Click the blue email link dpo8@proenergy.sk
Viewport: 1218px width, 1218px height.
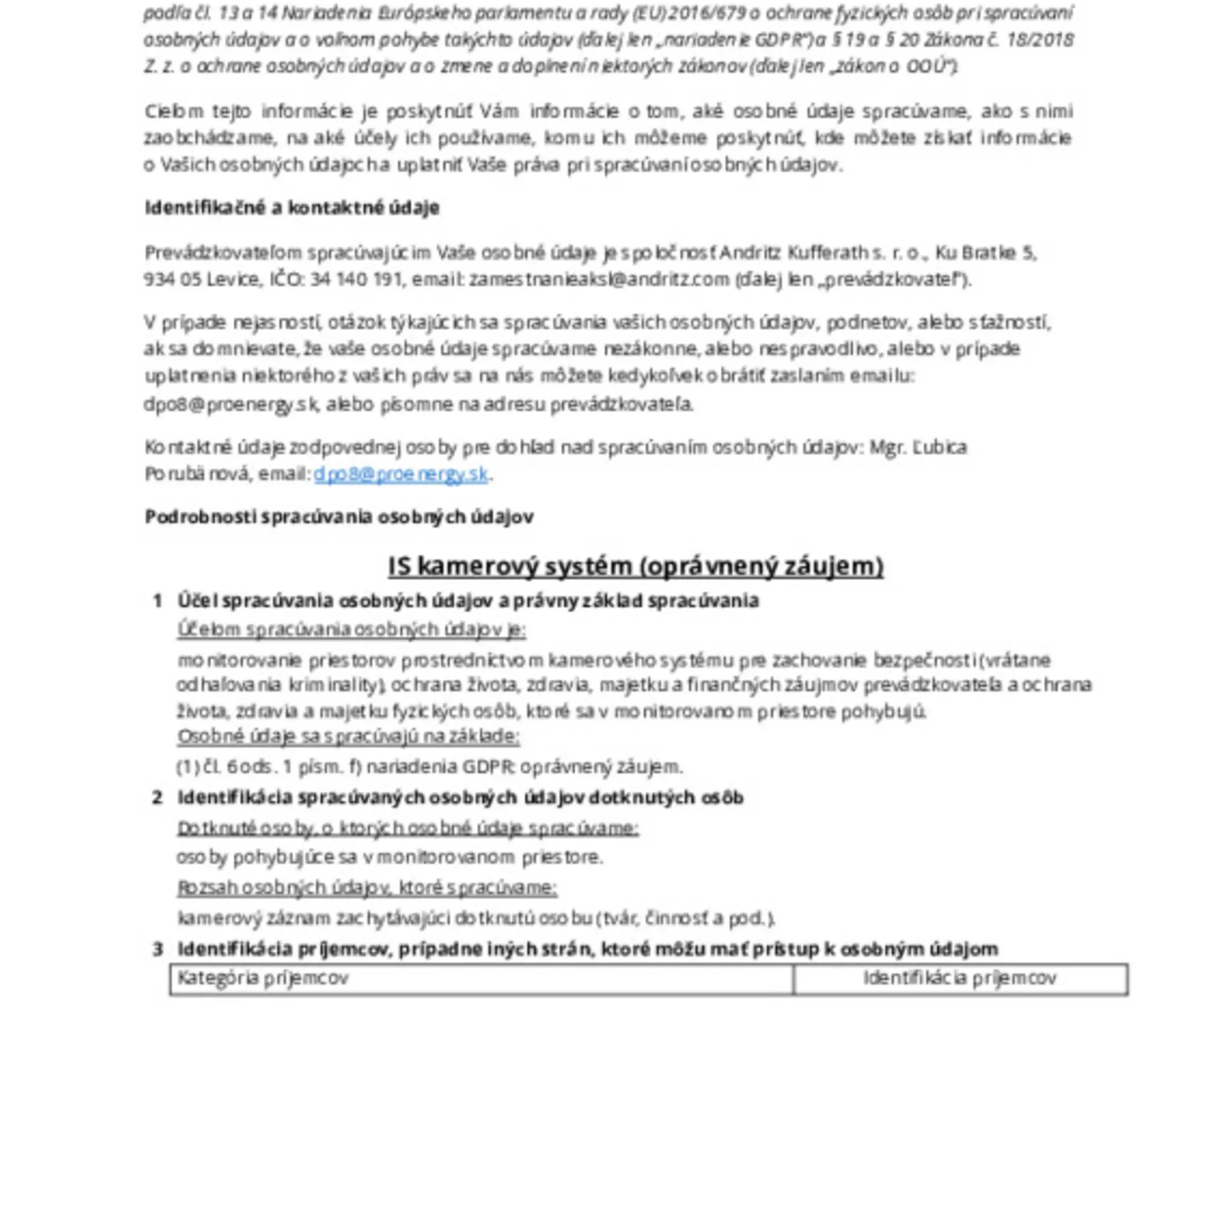coord(401,475)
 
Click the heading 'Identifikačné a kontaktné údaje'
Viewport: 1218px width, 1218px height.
coord(292,207)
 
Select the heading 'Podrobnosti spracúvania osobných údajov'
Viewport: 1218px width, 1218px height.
coord(339,517)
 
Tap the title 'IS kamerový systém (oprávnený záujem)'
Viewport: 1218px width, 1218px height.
coord(636,566)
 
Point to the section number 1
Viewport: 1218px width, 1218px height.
coord(157,601)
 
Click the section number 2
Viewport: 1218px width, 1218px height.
coord(157,797)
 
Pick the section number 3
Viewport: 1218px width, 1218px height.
coord(157,949)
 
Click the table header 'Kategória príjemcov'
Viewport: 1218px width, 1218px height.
coord(263,978)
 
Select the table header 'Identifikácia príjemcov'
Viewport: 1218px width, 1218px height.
coord(960,978)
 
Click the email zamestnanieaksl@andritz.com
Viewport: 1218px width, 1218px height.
coord(599,280)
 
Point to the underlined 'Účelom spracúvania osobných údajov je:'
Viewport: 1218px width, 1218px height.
coord(351,629)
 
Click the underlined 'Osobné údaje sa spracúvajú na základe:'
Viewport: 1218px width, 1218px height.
coord(348,737)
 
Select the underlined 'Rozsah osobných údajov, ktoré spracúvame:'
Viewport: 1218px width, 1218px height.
coord(367,887)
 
